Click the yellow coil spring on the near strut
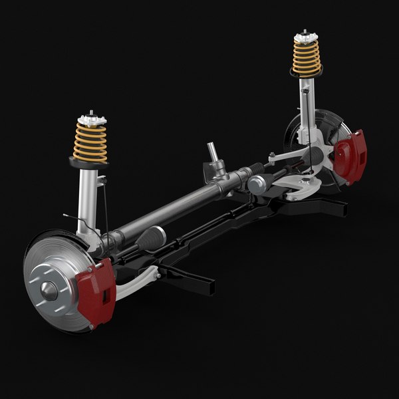(x=90, y=142)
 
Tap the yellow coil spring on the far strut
(x=306, y=56)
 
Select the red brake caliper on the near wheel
(x=96, y=293)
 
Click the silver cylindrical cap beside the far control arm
(x=258, y=184)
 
